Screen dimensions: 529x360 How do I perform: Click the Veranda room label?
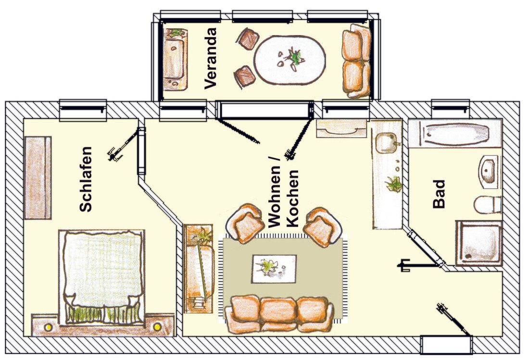pos(210,58)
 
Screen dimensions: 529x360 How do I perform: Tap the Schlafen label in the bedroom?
pos(85,180)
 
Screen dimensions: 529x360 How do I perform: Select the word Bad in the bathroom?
pos(439,194)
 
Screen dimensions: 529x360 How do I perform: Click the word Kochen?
pos(292,198)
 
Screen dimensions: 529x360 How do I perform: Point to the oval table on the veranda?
pos(290,60)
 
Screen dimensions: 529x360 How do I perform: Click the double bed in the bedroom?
pos(101,277)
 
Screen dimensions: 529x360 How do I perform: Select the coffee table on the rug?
pos(274,269)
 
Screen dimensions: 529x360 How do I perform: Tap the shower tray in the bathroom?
pos(478,243)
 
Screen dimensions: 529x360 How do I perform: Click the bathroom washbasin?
pos(488,172)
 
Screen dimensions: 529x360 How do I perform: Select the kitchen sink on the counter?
pos(386,142)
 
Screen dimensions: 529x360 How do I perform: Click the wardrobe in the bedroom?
pos(38,178)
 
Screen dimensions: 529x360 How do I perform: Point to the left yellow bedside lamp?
pos(48,327)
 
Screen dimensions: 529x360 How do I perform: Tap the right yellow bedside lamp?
pos(157,327)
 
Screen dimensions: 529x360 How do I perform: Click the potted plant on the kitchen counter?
pos(393,184)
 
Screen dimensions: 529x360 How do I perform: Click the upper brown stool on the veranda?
pos(250,39)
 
